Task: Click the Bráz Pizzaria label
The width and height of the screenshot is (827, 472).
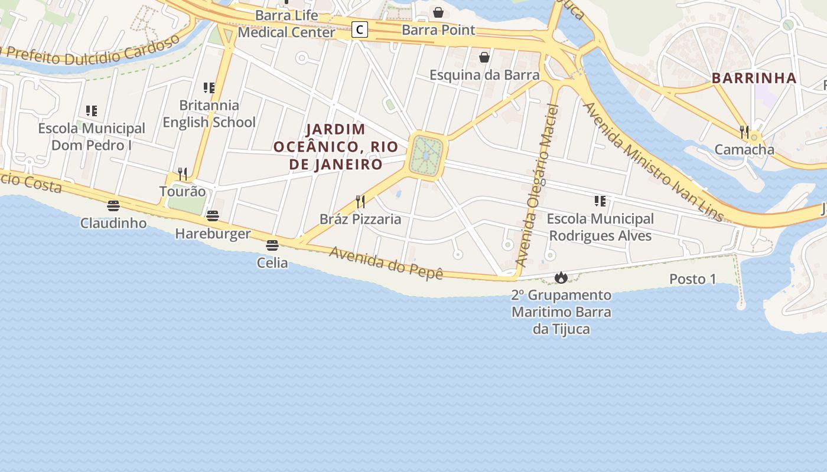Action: tap(360, 219)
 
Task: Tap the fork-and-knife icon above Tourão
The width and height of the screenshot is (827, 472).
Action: tap(183, 173)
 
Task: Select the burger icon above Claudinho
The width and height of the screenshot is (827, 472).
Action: tap(113, 206)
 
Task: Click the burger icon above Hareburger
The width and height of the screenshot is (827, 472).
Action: tap(213, 216)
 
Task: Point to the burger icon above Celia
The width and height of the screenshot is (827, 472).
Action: tap(272, 245)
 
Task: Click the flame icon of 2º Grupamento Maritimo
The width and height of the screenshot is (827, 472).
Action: tap(561, 277)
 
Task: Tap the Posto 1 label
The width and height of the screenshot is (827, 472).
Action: tap(692, 279)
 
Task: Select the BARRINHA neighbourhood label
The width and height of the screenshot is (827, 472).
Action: tap(754, 78)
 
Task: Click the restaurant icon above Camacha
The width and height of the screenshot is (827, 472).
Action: tap(744, 132)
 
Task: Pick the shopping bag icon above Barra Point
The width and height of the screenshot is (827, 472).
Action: tap(438, 12)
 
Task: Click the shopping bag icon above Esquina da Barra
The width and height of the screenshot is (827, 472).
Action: tap(484, 57)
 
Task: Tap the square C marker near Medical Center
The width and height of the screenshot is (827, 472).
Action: tap(359, 29)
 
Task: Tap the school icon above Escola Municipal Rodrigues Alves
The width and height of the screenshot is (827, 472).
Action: tap(600, 201)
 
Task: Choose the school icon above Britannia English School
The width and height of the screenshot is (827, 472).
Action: tap(209, 88)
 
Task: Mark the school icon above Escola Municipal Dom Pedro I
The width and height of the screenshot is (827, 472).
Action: tap(92, 110)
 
